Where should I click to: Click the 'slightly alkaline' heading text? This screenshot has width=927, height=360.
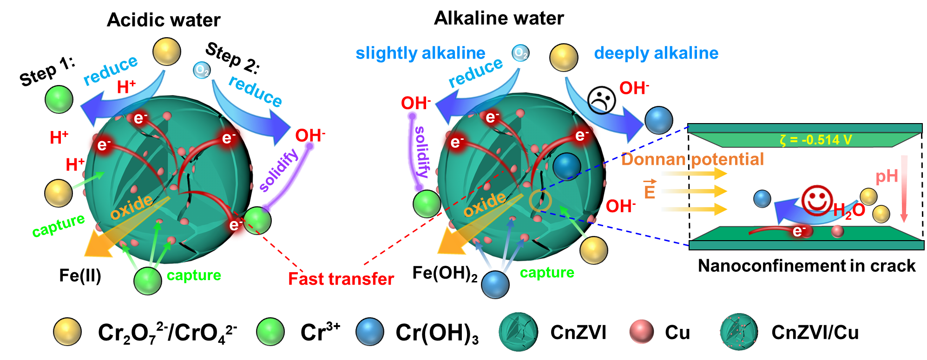(420, 53)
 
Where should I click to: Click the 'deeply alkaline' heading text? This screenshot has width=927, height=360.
(656, 53)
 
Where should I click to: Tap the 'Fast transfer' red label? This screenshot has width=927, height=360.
(341, 279)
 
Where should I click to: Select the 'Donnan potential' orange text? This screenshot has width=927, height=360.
(692, 159)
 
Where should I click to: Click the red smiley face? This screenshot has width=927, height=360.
(817, 200)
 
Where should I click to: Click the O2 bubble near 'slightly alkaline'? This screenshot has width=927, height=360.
(520, 53)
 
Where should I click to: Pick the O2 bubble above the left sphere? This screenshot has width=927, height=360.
(202, 70)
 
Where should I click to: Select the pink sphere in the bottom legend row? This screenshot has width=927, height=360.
(641, 332)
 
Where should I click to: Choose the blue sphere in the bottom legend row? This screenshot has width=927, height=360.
(369, 332)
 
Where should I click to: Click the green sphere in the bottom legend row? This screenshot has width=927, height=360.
(270, 332)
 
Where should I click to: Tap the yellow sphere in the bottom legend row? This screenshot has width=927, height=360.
(67, 332)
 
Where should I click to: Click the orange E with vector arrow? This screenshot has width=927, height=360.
(650, 189)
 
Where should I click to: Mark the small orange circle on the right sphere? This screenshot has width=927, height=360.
(540, 200)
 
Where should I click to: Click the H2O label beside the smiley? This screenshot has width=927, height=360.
(849, 210)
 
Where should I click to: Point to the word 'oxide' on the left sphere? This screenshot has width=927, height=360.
(131, 206)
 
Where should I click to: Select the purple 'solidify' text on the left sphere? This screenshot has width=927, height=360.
(278, 170)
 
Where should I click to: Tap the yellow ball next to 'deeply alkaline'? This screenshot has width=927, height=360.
(564, 58)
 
